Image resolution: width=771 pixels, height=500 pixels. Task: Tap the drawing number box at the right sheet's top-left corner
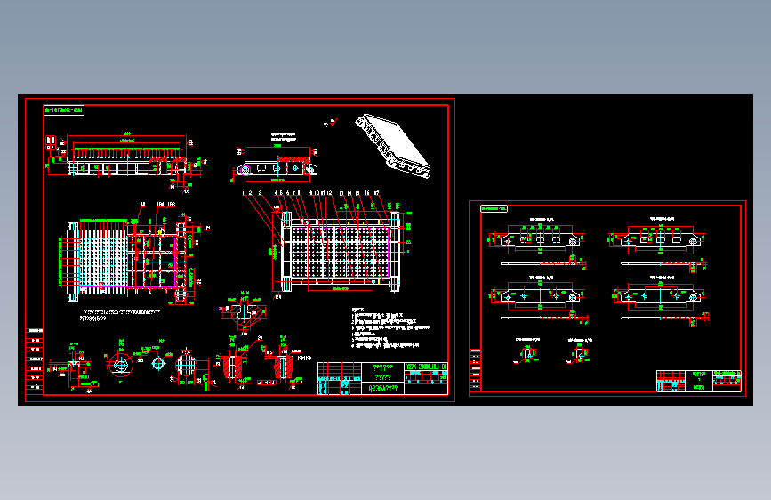pyautogui.click(x=494, y=209)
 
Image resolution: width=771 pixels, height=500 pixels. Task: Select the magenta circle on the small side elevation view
pyautogui.click(x=245, y=168)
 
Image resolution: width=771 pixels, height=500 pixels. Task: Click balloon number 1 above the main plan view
pyautogui.click(x=243, y=192)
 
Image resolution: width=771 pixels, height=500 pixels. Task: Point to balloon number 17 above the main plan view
pyautogui.click(x=378, y=192)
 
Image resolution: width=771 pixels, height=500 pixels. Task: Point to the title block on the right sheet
pyautogui.click(x=699, y=381)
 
